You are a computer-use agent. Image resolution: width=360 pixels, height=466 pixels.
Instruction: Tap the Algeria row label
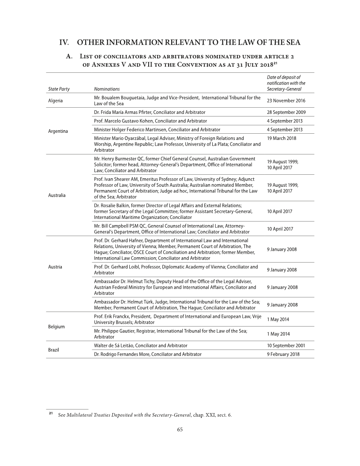(x=55, y=101)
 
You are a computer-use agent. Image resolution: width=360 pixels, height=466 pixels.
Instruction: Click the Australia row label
(x=58, y=195)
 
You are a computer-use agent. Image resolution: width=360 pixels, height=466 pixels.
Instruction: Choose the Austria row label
(x=55, y=267)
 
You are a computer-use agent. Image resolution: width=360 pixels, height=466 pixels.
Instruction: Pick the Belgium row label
(x=56, y=327)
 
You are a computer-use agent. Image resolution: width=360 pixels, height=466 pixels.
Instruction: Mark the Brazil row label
(x=54, y=349)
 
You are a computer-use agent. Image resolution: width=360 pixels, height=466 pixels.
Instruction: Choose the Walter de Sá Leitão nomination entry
(x=141, y=345)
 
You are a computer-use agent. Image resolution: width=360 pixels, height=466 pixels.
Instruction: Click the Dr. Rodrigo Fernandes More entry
(x=148, y=354)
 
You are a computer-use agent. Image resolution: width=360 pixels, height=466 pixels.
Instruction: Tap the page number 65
(x=180, y=430)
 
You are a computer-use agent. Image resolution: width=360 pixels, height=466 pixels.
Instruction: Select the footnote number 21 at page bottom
(x=51, y=413)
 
